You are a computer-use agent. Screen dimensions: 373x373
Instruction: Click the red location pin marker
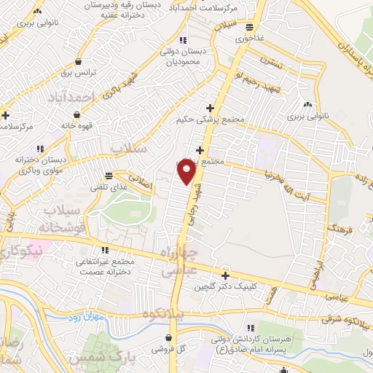click(186, 172)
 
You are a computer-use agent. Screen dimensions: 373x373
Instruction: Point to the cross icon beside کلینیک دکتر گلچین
click(226, 275)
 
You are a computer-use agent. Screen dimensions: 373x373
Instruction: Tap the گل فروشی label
click(168, 350)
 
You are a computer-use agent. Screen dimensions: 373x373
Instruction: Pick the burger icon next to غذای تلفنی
click(108, 176)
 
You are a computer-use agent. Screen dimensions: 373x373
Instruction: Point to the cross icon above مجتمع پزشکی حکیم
click(210, 107)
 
